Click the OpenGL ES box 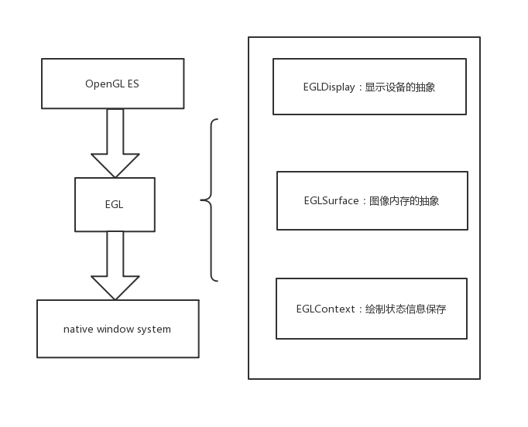[x=112, y=84]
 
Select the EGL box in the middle [x=115, y=204]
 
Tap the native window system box [x=118, y=329]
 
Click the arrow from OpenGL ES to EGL [x=115, y=143]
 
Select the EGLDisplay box [x=369, y=87]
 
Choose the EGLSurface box [x=372, y=200]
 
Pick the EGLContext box [x=371, y=309]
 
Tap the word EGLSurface [x=331, y=201]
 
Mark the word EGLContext [x=325, y=309]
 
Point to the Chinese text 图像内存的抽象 [x=404, y=201]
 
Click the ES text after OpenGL [x=133, y=84]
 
